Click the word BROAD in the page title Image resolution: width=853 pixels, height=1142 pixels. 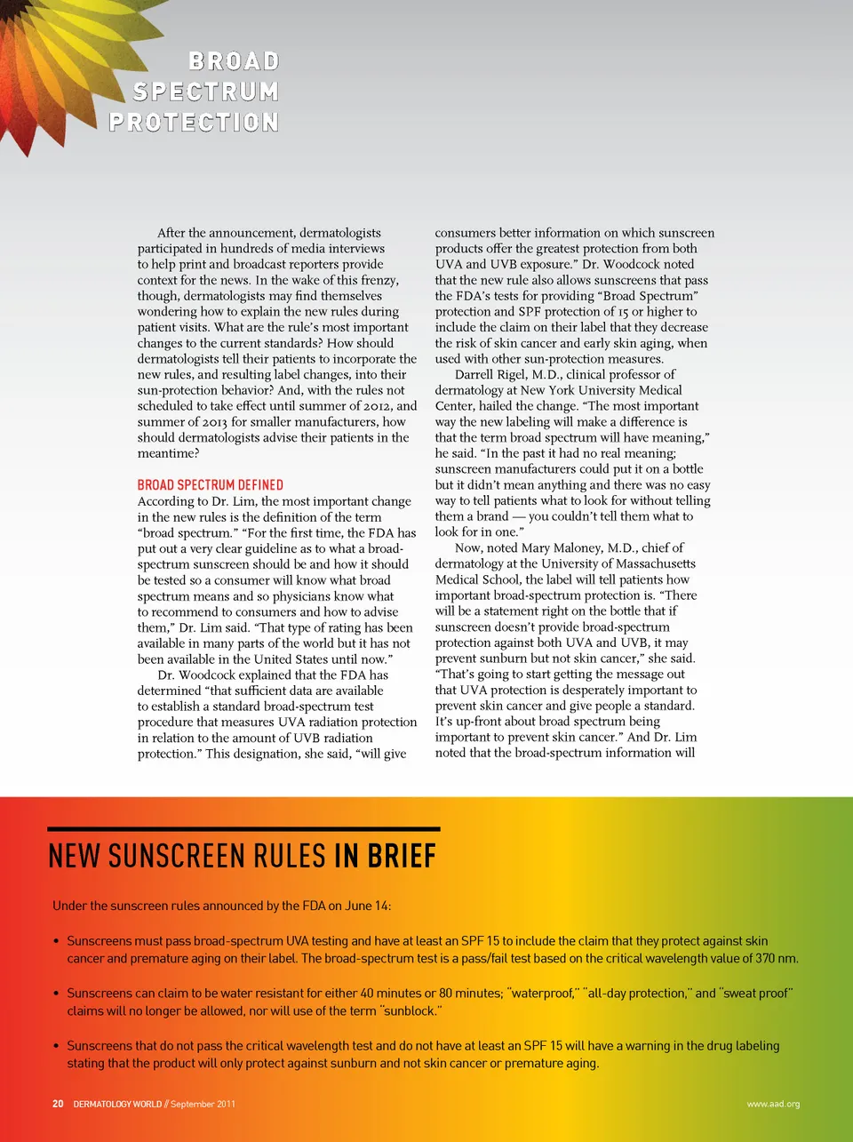coord(234,61)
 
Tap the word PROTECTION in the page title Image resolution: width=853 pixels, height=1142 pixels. coord(194,122)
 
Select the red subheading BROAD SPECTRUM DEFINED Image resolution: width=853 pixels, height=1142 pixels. coord(210,484)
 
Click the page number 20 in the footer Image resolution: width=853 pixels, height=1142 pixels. coord(58,1104)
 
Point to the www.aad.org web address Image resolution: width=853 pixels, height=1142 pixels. coord(773,1104)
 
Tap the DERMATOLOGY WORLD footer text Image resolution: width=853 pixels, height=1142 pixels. coord(117,1104)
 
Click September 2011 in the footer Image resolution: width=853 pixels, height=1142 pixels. coord(203,1104)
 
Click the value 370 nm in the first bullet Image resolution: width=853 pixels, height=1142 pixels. coord(776,958)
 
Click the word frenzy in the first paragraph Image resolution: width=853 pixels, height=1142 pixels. coord(378,280)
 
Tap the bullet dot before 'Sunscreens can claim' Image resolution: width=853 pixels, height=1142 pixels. coord(56,994)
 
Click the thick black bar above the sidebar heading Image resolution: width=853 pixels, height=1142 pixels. coord(244,828)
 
